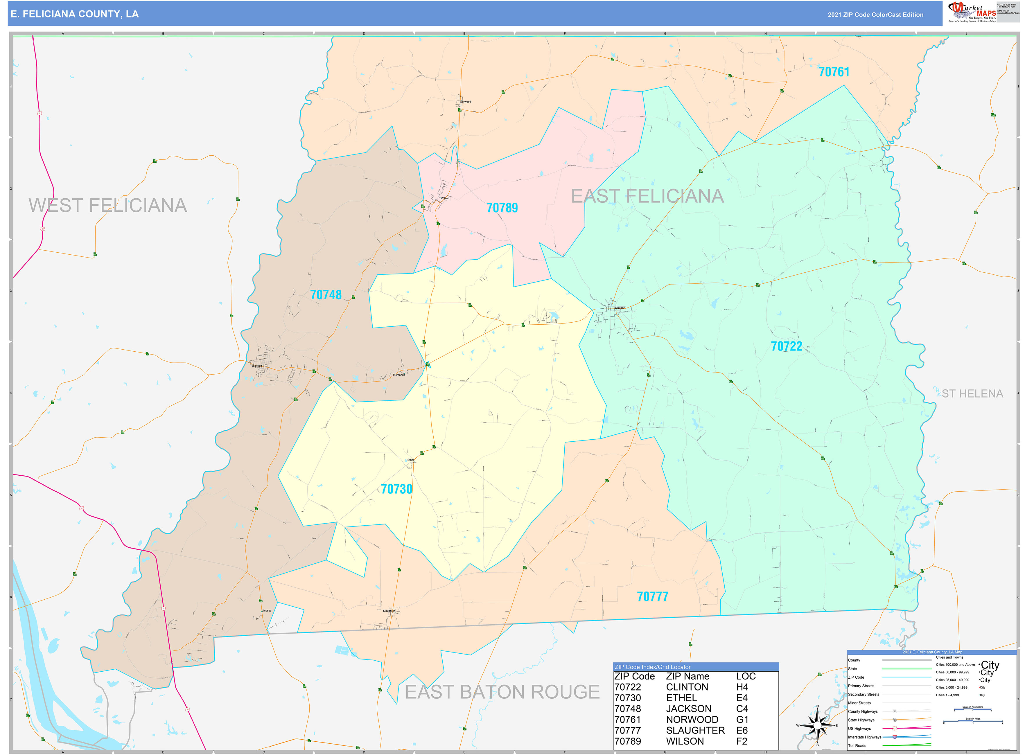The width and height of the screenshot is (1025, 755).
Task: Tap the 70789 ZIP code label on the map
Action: pos(502,208)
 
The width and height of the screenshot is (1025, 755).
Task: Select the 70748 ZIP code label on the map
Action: pos(326,295)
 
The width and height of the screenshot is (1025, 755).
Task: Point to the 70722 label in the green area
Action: pos(786,346)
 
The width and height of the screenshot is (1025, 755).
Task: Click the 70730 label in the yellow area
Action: pos(396,489)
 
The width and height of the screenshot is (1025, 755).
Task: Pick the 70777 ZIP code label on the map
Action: pos(652,596)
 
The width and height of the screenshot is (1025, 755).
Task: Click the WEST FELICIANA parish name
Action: pos(108,206)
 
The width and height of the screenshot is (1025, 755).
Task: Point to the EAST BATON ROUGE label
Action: pos(502,692)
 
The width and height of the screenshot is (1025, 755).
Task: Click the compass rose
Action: pos(817,725)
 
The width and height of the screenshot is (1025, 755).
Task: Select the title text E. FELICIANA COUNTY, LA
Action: pos(75,14)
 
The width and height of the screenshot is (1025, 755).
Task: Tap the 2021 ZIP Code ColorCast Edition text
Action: pos(875,15)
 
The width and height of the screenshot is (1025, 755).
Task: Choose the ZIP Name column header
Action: pos(687,676)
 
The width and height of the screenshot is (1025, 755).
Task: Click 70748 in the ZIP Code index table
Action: pos(627,709)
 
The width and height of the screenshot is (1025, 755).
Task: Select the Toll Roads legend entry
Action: pos(857,746)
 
